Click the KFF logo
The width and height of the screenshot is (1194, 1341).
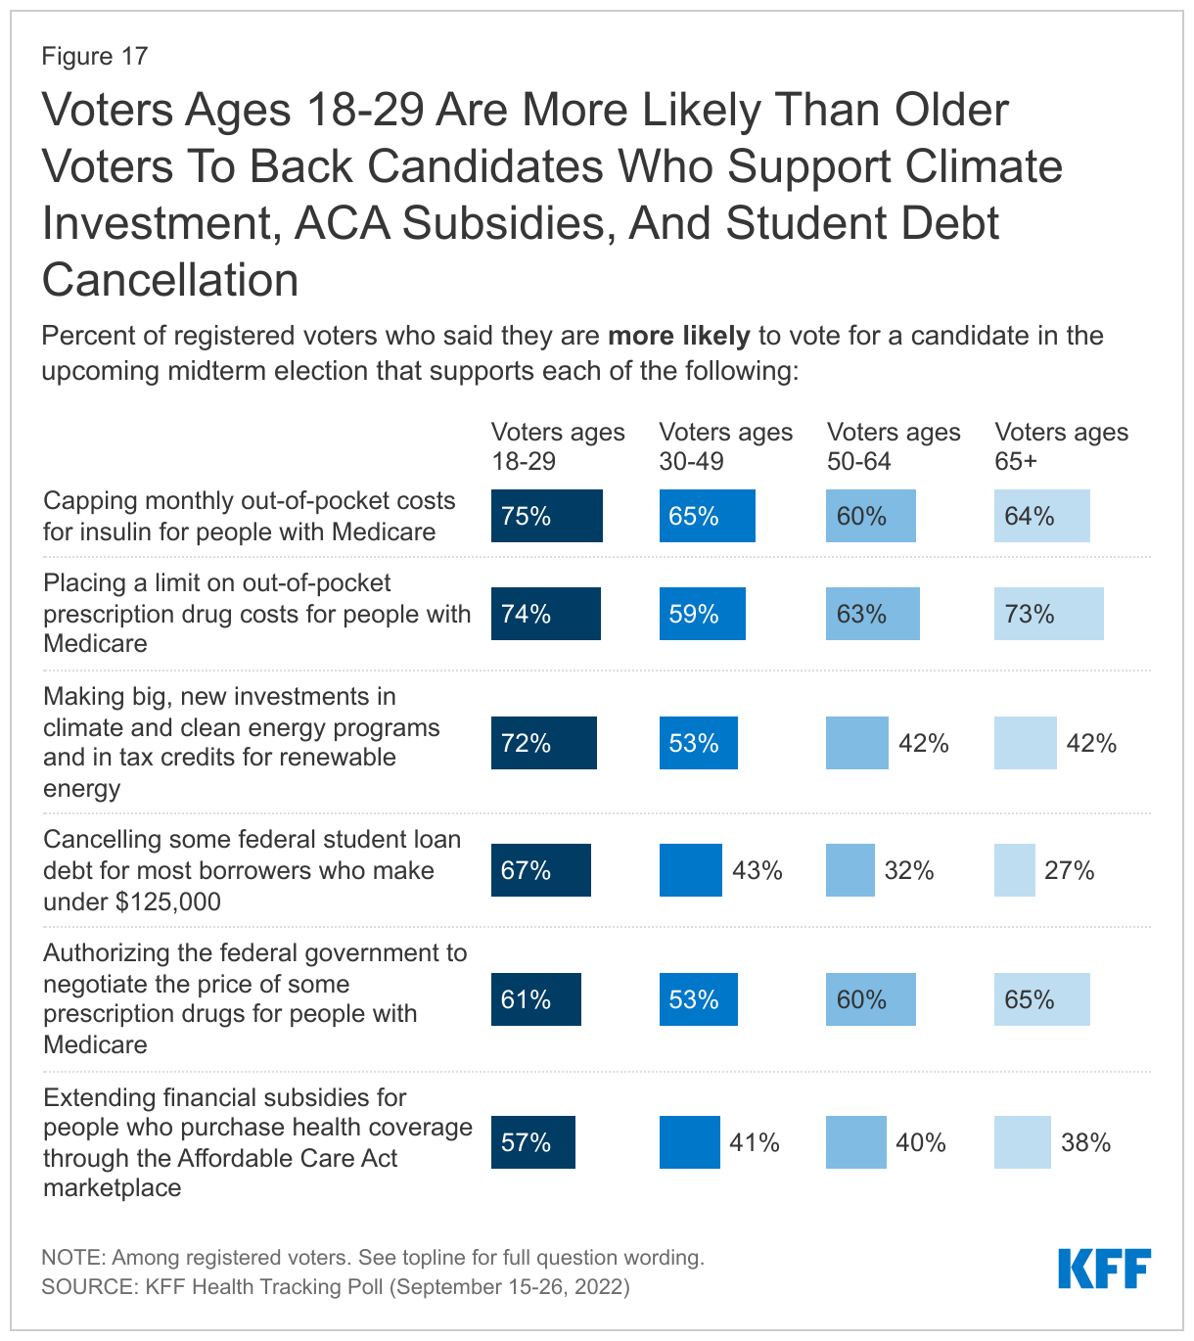1104,1269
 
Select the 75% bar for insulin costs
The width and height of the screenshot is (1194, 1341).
546,516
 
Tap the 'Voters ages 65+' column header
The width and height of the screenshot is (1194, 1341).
1061,446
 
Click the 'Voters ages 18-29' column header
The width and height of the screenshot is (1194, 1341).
557,446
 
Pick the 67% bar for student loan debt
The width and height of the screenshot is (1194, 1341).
540,870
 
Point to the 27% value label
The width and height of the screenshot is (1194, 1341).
1069,870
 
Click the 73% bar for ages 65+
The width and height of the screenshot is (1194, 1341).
1048,614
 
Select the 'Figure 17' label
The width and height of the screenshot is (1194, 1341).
94,56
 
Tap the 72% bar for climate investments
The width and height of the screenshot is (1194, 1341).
543,743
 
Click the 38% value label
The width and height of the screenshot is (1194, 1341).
1085,1142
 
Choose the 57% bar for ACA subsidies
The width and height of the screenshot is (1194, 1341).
532,1142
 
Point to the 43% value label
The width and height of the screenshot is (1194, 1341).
757,870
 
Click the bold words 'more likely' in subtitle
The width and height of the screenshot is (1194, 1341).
678,336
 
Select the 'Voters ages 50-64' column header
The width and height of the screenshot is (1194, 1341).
893,446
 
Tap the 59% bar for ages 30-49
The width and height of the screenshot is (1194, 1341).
702,614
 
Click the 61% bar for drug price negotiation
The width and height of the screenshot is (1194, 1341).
535,999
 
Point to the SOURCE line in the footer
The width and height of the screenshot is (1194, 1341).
335,1286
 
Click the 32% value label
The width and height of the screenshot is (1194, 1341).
908,870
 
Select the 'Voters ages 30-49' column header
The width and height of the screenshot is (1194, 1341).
725,446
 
